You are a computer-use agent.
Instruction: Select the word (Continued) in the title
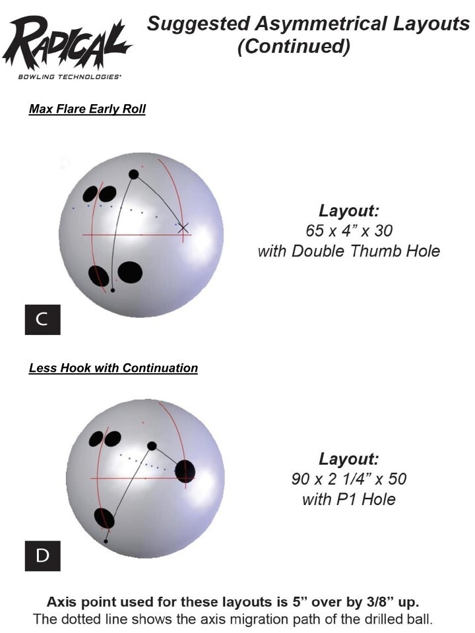tap(293, 47)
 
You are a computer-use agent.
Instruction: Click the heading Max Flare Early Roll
tap(87, 109)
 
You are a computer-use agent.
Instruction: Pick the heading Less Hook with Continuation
tap(113, 368)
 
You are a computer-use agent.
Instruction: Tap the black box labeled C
tap(42, 320)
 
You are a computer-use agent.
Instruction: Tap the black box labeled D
tap(42, 556)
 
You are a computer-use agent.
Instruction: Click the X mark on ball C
tap(183, 228)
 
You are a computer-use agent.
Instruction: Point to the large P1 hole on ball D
tap(185, 470)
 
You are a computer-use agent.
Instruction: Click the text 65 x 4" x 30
tap(349, 231)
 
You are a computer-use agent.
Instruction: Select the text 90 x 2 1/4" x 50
tap(349, 479)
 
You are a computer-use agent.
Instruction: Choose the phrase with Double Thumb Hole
tap(349, 251)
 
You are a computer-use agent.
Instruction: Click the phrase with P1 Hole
tap(349, 499)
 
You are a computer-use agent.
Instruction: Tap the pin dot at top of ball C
tap(134, 175)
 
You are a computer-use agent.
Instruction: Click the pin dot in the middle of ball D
tap(152, 446)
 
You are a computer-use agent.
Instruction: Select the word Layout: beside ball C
tap(349, 212)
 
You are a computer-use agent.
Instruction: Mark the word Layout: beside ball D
tap(349, 459)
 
